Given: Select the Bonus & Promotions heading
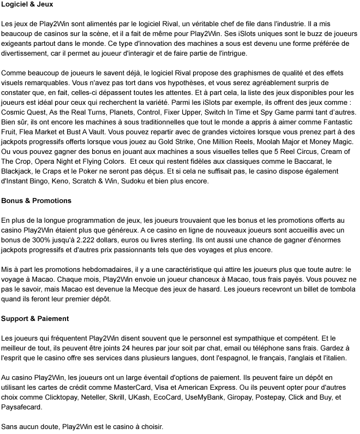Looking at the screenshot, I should (x=36, y=201).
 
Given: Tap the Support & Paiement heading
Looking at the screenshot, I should (x=34, y=319).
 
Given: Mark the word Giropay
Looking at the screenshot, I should (x=254, y=397).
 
